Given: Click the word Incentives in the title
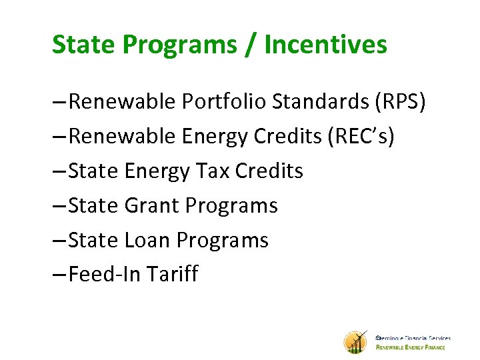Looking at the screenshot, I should pyautogui.click(x=325, y=45).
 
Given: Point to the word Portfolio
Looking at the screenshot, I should pyautogui.click(x=226, y=102).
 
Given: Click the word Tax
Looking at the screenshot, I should pyautogui.click(x=212, y=171).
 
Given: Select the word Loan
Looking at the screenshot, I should pyautogui.click(x=147, y=240).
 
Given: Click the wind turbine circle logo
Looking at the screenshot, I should pyautogui.click(x=355, y=342).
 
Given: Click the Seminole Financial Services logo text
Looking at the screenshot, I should pyautogui.click(x=413, y=338).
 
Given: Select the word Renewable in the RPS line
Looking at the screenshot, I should pyautogui.click(x=123, y=102).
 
